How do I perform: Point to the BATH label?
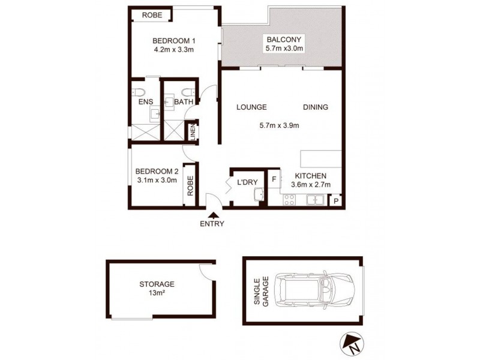coord(183,103)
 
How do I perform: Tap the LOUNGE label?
coord(251,107)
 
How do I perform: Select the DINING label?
coord(315,107)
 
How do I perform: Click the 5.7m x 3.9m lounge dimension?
coord(279,126)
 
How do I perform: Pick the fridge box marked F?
coord(274,178)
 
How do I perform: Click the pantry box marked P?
coord(335,200)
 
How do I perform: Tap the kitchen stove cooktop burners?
coord(289,201)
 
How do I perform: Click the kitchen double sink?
coord(314,200)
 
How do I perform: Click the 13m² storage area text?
coord(157,293)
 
